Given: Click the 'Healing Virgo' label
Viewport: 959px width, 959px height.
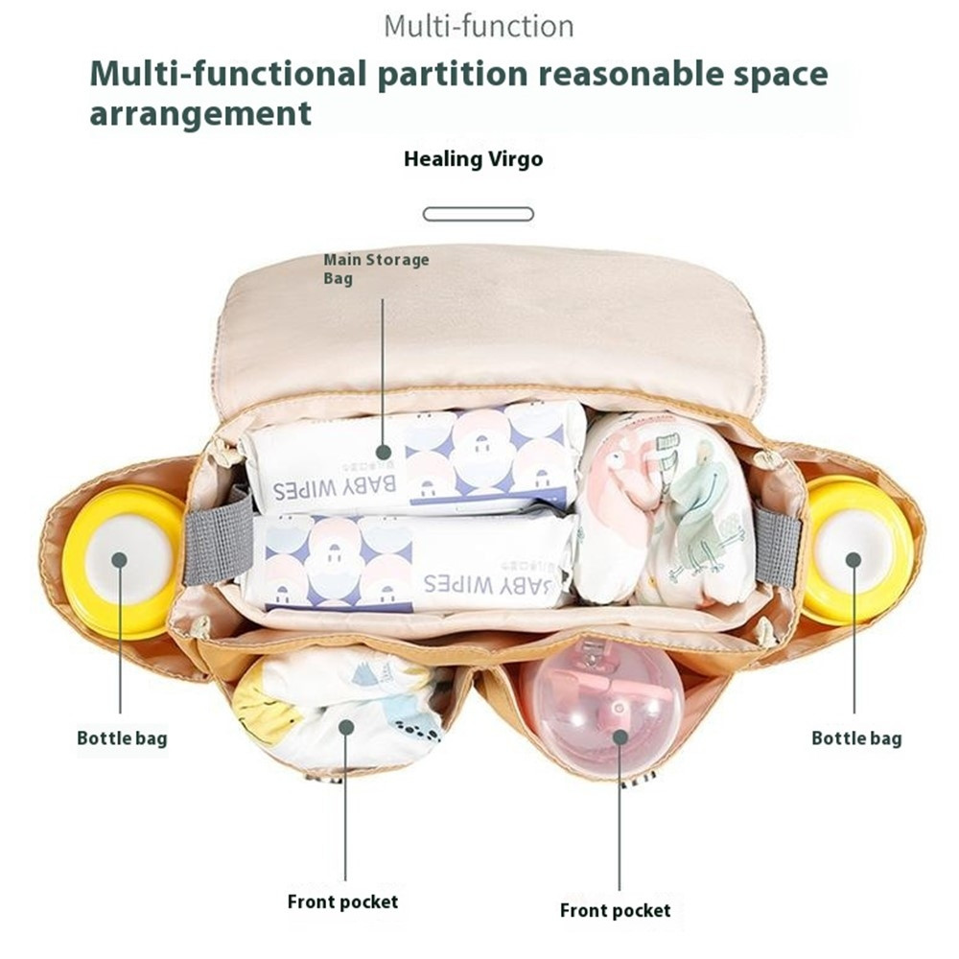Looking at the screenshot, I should pyautogui.click(x=473, y=159).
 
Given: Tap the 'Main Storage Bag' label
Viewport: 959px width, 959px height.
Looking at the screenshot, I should pyautogui.click(x=375, y=269).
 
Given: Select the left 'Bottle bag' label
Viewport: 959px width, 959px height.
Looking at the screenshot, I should pyautogui.click(x=122, y=738).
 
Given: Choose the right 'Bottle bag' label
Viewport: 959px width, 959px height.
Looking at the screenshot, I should pyautogui.click(x=856, y=738).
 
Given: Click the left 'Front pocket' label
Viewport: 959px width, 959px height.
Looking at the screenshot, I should pyautogui.click(x=342, y=901).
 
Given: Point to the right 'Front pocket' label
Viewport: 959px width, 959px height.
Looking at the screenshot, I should pyautogui.click(x=616, y=910).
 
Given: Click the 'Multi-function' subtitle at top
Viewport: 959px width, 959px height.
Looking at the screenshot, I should pyautogui.click(x=479, y=26).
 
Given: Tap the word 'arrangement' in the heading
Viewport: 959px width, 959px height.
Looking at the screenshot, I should pyautogui.click(x=200, y=113).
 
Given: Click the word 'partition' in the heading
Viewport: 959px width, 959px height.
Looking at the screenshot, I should pyautogui.click(x=462, y=73).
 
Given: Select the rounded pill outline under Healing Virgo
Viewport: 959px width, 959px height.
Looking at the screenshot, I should pyautogui.click(x=479, y=214).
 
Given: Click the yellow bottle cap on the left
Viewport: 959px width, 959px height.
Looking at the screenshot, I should pyautogui.click(x=120, y=561).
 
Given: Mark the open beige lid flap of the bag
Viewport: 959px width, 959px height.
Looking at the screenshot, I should pyautogui.click(x=489, y=326).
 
